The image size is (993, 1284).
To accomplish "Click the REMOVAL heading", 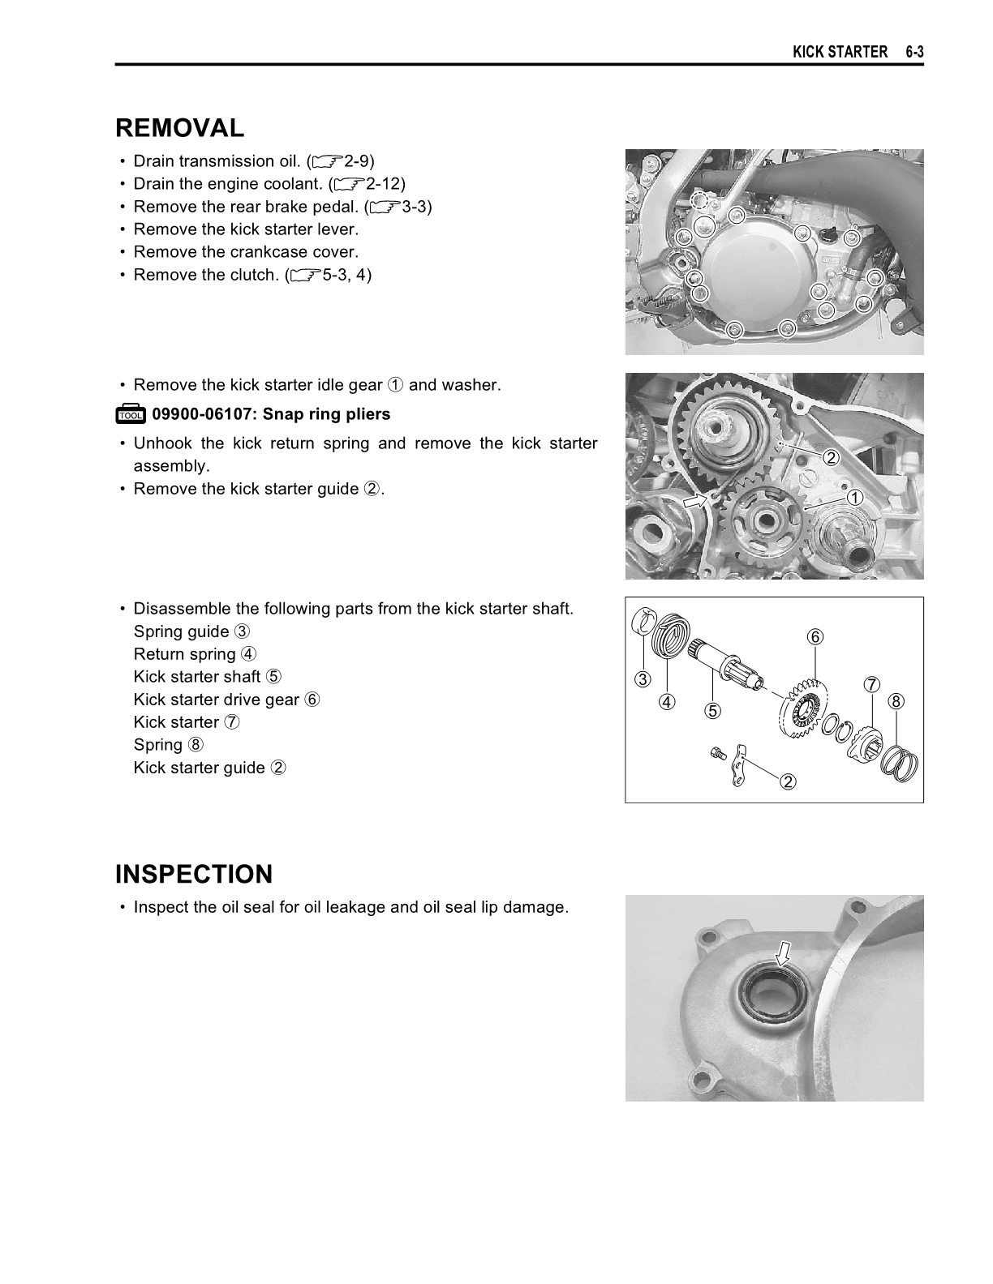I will coord(179,128).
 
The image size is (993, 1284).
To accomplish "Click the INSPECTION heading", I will coord(194,875).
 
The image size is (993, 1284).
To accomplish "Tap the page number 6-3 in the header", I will coord(915,52).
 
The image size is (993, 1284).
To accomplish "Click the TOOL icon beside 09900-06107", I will coord(130,415).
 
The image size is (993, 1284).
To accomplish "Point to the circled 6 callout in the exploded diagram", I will coord(815,637).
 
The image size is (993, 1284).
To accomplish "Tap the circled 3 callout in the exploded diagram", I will coord(643,679).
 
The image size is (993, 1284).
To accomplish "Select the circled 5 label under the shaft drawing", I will coord(712,711).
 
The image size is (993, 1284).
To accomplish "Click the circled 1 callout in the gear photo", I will coord(854,497).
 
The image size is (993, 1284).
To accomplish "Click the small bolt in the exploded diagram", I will coord(716,753).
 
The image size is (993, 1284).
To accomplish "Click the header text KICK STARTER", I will coord(840,52).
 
